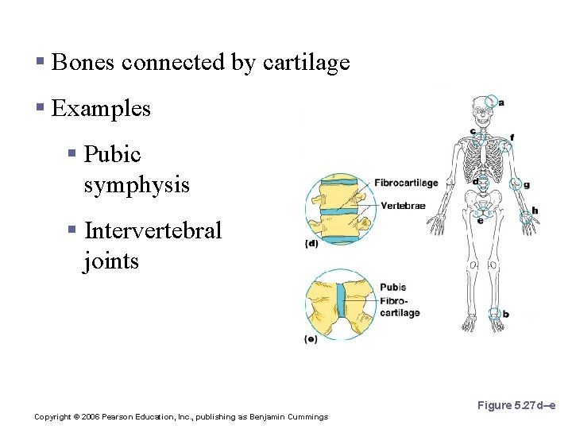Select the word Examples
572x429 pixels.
101,108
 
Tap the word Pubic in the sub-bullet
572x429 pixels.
112,154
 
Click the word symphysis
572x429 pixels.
137,185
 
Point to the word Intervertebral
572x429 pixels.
153,231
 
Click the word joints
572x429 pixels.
110,261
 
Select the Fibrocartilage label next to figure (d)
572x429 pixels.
406,183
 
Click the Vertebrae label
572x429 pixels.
403,206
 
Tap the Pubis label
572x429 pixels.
392,288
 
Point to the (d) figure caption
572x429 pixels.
311,244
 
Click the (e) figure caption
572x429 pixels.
311,339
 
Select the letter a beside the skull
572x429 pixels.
500,102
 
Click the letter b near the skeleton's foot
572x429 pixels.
506,315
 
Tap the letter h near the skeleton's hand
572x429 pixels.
535,211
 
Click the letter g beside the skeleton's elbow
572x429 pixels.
526,185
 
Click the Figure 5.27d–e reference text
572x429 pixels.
516,406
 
